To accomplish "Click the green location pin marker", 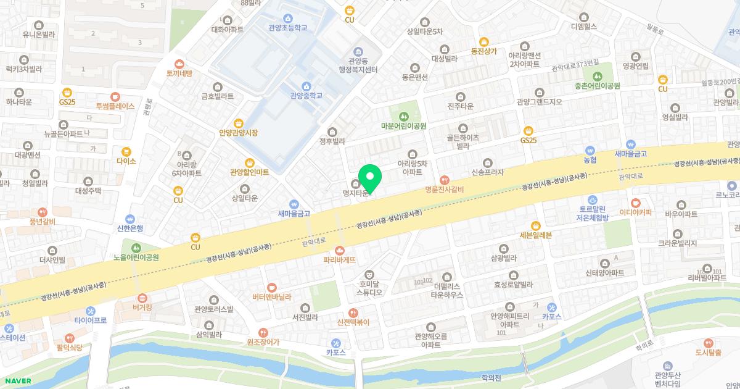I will pyautogui.click(x=370, y=177).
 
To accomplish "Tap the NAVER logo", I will pyautogui.click(x=16, y=381).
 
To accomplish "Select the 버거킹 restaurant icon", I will pyautogui.click(x=142, y=297).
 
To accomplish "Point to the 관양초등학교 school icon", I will pyautogui.click(x=287, y=18).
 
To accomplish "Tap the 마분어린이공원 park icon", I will pyautogui.click(x=404, y=115).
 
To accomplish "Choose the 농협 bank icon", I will pyautogui.click(x=590, y=150).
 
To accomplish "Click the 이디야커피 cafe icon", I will pyautogui.click(x=635, y=202).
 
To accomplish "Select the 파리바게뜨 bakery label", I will pyautogui.click(x=340, y=260).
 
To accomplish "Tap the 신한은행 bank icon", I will pyautogui.click(x=129, y=219).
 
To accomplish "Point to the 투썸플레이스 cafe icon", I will pyautogui.click(x=115, y=96).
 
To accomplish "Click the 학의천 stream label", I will pyautogui.click(x=491, y=377).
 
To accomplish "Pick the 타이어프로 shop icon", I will pyautogui.click(x=91, y=311).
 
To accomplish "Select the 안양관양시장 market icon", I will pyautogui.click(x=238, y=123).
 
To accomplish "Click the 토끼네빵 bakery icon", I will pyautogui.click(x=179, y=64).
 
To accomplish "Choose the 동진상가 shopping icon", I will pyautogui.click(x=483, y=41).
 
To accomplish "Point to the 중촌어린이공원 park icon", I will pyautogui.click(x=596, y=75).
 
